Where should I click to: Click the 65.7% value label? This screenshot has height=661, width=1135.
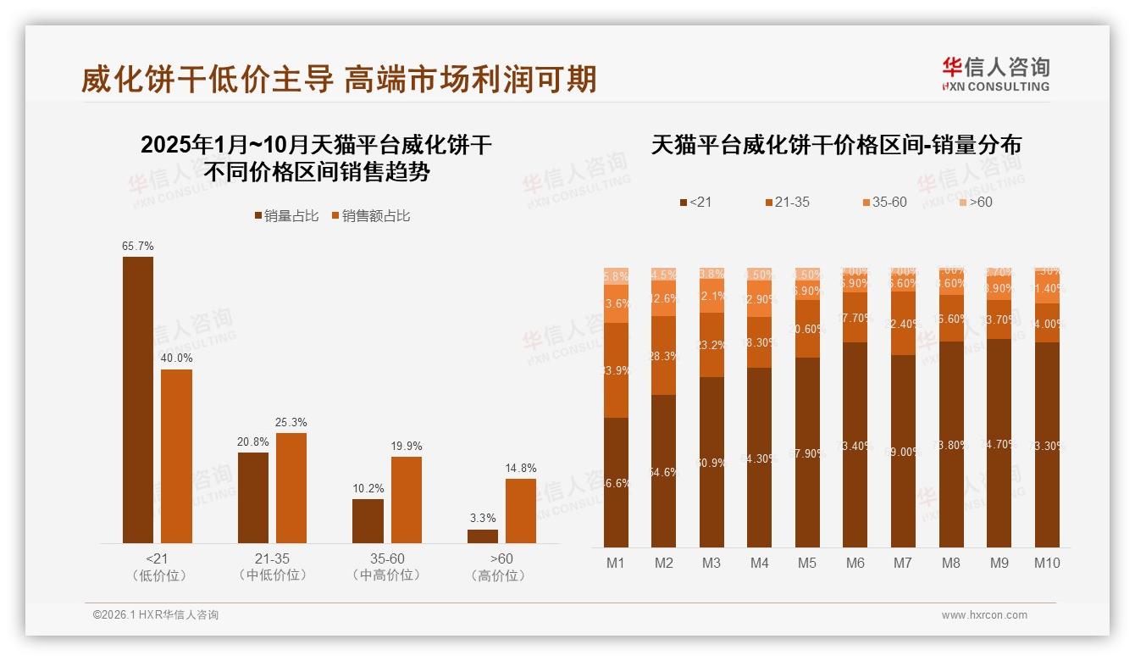pyautogui.click(x=138, y=246)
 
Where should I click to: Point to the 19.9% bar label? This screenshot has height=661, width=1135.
pyautogui.click(x=407, y=446)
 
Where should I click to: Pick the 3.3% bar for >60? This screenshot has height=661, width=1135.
pyautogui.click(x=483, y=536)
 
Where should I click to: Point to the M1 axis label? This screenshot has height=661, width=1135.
pyautogui.click(x=616, y=563)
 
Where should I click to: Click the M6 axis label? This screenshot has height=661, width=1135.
pyautogui.click(x=855, y=563)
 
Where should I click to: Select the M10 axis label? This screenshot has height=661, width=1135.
pyautogui.click(x=1047, y=563)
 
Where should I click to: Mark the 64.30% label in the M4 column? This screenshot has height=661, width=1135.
pyautogui.click(x=760, y=458)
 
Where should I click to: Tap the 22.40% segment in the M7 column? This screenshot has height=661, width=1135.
pyautogui.click(x=903, y=323)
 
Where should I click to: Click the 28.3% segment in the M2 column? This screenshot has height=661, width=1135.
pyautogui.click(x=664, y=356)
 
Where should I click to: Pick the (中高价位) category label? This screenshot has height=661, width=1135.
pyautogui.click(x=386, y=575)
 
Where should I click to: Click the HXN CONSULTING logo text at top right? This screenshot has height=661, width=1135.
pyautogui.click(x=996, y=86)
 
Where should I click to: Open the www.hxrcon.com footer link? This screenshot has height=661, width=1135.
pyautogui.click(x=984, y=615)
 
